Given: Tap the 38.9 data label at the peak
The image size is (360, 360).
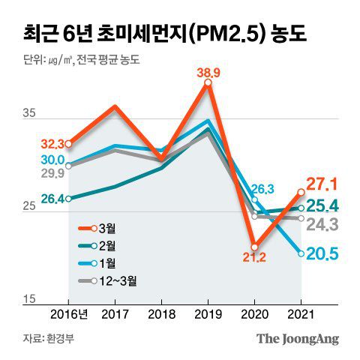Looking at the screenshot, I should tap(208, 73).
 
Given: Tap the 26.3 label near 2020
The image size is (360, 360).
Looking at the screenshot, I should tap(262, 189).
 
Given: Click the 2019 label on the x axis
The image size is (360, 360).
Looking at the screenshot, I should tap(207, 314).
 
